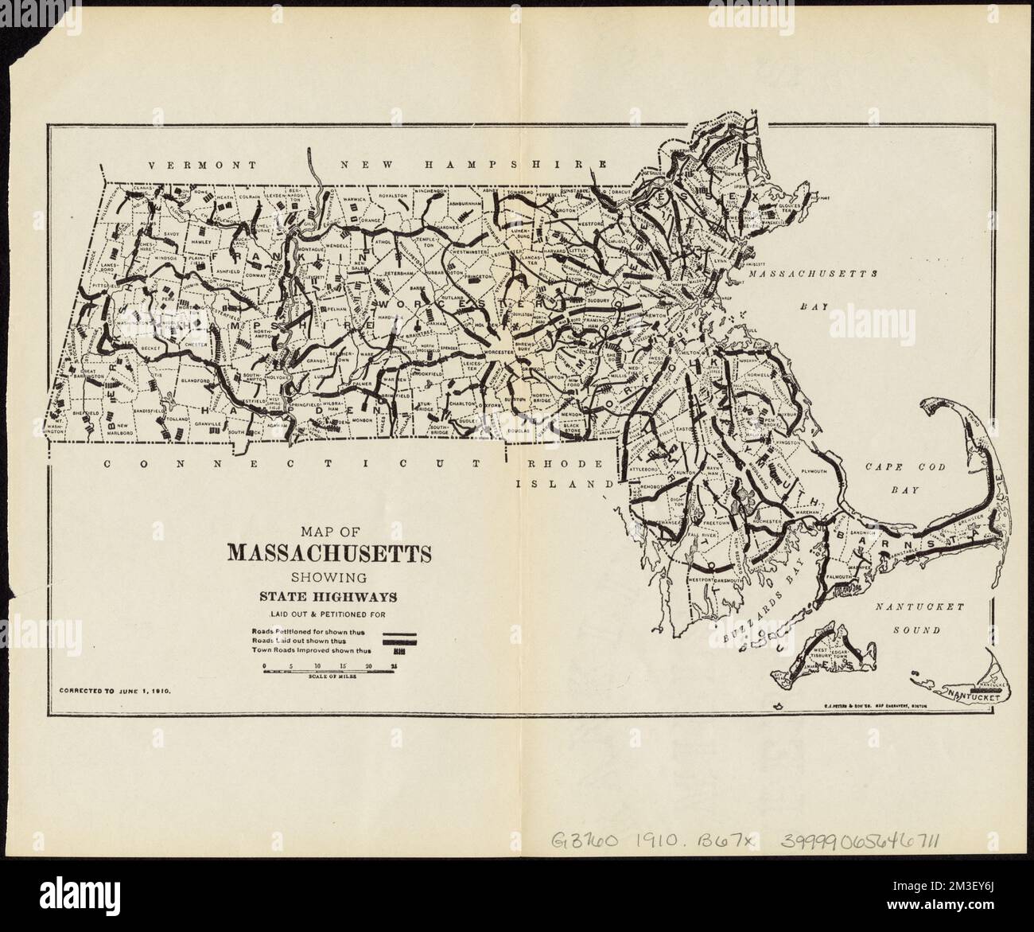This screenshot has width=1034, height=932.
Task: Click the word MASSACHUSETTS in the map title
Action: tap(329, 553)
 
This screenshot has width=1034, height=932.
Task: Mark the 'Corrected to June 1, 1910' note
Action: tap(115, 692)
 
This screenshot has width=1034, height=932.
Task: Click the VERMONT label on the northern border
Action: tap(202, 165)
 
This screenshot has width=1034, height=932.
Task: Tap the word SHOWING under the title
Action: tap(328, 575)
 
